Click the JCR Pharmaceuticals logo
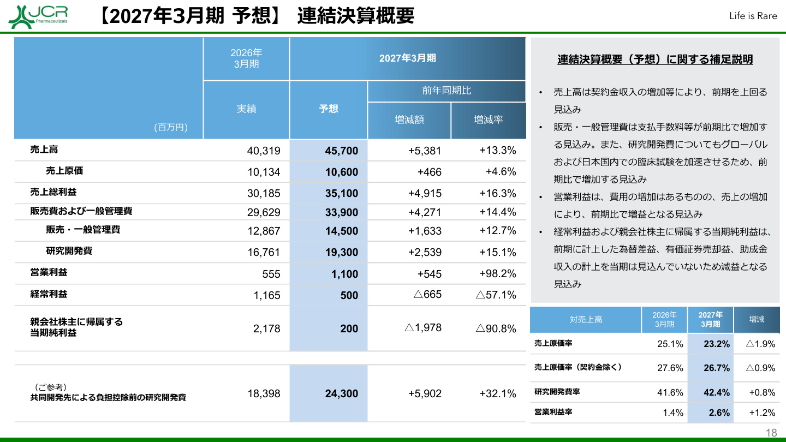[x=38, y=16]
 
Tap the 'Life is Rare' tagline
[x=753, y=16]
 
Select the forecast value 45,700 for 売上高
[x=342, y=151]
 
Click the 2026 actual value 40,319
[x=264, y=151]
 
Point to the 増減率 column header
[x=488, y=120]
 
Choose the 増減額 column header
[x=409, y=120]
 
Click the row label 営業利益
[x=49, y=272]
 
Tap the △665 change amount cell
[x=427, y=294]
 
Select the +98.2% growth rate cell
[x=498, y=273]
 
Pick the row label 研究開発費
[x=69, y=251]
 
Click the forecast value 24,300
[x=342, y=393]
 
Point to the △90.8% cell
[x=496, y=328]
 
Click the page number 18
[x=771, y=433]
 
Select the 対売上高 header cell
[x=586, y=320]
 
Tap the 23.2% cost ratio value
[x=717, y=344]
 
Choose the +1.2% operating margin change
[x=762, y=413]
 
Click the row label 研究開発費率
[x=557, y=392]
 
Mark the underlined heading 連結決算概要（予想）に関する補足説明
[x=655, y=59]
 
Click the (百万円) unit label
[x=171, y=127]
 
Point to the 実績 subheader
[x=246, y=109]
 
